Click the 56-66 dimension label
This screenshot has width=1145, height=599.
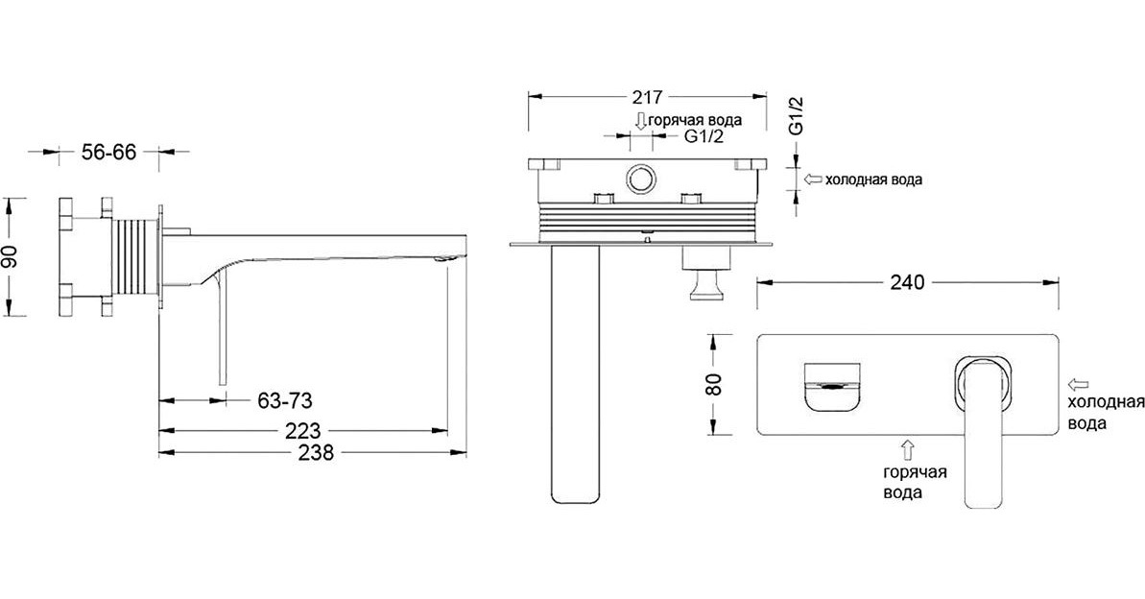108,153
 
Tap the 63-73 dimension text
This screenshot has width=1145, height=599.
285,400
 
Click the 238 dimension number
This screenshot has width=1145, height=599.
316,453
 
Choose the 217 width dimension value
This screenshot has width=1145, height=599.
645,96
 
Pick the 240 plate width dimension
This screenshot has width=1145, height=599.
907,281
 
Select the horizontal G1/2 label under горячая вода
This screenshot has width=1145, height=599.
704,136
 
